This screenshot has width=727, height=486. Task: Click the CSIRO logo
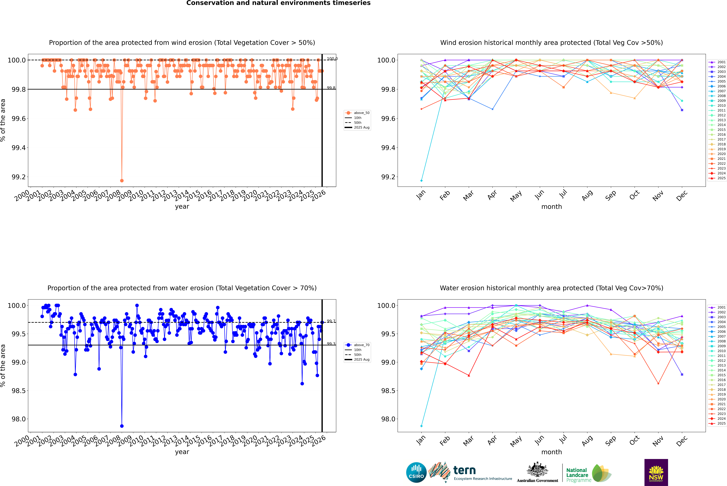click(x=416, y=472)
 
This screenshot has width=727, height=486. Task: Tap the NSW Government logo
click(x=656, y=472)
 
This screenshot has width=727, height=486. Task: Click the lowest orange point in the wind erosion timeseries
click(x=122, y=180)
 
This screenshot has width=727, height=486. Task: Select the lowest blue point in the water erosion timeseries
click(x=122, y=426)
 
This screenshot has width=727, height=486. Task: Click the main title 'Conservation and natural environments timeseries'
click(x=278, y=3)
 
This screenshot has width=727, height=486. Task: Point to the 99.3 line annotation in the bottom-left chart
click(x=331, y=344)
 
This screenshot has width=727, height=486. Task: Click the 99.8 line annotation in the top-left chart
click(x=331, y=88)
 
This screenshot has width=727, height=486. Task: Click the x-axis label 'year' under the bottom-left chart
click(x=182, y=452)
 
